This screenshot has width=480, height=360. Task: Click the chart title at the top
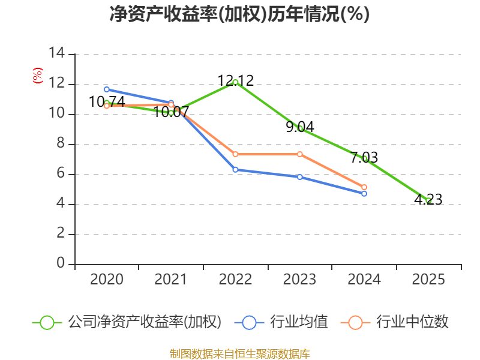(239, 14)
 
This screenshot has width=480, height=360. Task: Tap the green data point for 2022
(235, 82)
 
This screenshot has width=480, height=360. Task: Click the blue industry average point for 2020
(107, 89)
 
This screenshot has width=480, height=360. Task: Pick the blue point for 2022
(235, 170)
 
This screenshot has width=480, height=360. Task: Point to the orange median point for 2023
(299, 154)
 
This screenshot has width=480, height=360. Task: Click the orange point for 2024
(364, 187)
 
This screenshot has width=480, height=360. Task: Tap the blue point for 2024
(364, 194)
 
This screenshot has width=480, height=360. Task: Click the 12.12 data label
(235, 81)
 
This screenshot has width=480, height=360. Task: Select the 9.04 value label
(299, 127)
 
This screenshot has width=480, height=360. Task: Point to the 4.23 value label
(428, 200)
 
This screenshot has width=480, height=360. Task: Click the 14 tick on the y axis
(57, 53)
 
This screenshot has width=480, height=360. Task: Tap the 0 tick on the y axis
(61, 263)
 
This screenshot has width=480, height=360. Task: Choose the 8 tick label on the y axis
(61, 143)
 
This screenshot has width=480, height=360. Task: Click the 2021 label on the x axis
(170, 280)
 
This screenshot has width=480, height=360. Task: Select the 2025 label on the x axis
(428, 280)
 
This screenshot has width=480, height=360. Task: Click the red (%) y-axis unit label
(38, 76)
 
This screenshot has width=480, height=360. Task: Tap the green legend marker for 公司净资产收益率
(47, 323)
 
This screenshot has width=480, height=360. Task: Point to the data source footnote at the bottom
(239, 354)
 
